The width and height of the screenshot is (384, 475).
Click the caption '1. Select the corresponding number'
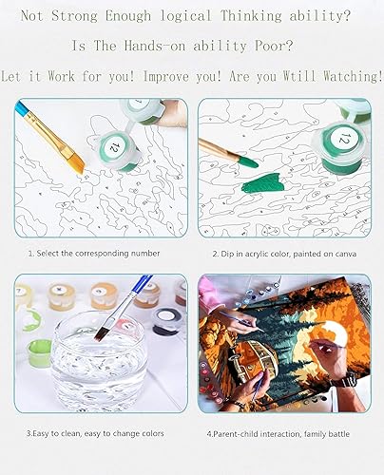click(x=93, y=254)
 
